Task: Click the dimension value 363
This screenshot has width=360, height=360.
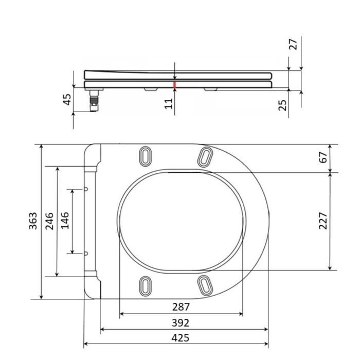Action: [33, 221]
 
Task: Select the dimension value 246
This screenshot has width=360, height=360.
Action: [49, 221]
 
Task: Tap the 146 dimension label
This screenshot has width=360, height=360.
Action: [65, 221]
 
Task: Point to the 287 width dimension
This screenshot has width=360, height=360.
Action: [181, 307]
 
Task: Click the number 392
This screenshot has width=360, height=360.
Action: [181, 323]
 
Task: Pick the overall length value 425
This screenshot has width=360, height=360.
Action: [181, 338]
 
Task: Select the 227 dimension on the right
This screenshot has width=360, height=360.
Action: [323, 221]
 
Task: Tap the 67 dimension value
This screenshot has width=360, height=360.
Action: [323, 157]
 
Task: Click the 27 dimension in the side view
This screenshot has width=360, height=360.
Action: [293, 44]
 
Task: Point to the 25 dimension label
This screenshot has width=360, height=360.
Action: [283, 105]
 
